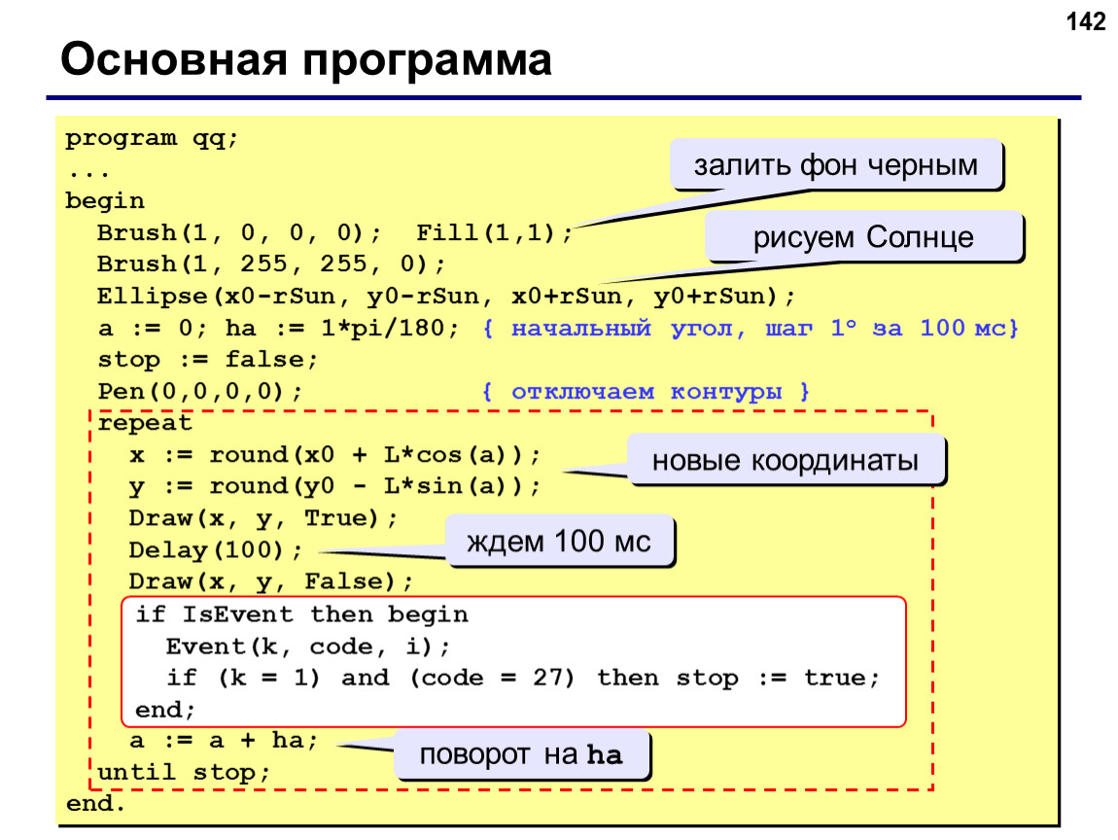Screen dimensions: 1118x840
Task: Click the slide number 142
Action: tap(1085, 21)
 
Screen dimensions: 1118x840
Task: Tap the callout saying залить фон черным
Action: tap(836, 164)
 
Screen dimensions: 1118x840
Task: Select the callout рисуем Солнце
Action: tap(863, 236)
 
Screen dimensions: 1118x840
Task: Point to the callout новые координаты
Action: tap(786, 460)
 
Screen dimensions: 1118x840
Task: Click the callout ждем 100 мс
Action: tap(559, 542)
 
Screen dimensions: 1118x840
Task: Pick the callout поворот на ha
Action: tap(521, 754)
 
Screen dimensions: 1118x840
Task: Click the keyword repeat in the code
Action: tap(145, 424)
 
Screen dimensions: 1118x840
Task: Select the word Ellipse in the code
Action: tap(152, 296)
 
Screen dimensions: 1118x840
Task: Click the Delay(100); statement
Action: tap(215, 550)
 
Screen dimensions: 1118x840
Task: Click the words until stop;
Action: tap(184, 772)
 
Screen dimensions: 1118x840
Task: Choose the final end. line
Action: tap(95, 804)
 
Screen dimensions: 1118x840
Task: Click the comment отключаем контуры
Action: tap(646, 392)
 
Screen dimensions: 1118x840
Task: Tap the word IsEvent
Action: tap(237, 613)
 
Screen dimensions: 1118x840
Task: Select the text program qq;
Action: tap(151, 138)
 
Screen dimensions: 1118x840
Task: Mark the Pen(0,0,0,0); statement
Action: tap(199, 392)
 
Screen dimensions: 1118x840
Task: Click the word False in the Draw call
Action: tap(349, 581)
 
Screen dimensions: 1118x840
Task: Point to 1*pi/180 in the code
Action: tap(383, 328)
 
